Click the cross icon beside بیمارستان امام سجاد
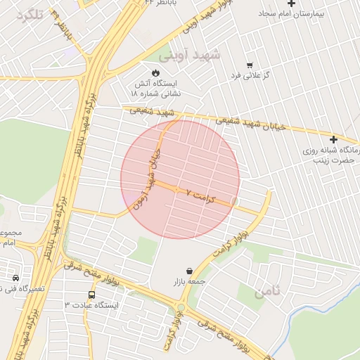pos(291,4)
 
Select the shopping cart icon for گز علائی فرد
pos(250,64)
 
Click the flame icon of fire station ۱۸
pos(155,72)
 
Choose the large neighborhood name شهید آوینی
pos(190,54)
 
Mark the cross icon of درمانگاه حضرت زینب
pos(333,139)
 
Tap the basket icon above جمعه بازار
pos(189,271)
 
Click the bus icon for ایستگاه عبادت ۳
pos(92,295)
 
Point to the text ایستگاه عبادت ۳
pos(92,306)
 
